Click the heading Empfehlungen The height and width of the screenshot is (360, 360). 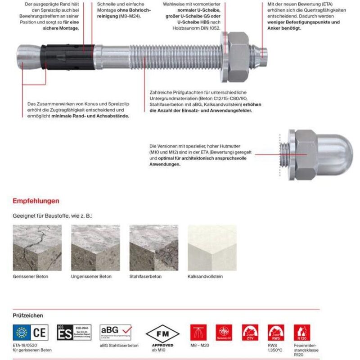(x=36, y=201)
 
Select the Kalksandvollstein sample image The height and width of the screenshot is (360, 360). (x=211, y=247)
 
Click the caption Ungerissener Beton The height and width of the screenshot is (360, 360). (x=91, y=277)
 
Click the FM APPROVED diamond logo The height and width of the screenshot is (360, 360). (x=162, y=333)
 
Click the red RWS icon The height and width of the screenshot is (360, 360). (x=275, y=333)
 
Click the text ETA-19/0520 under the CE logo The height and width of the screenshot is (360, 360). (x=26, y=345)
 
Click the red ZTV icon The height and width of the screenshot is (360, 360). (x=249, y=333)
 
